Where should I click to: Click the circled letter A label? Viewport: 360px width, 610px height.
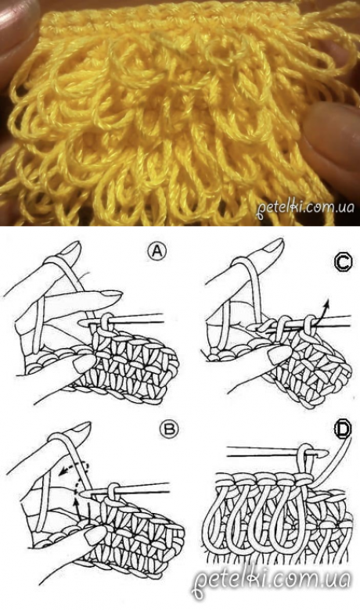(157, 252)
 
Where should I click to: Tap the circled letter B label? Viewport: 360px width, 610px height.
(169, 429)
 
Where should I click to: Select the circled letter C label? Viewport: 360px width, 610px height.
(344, 263)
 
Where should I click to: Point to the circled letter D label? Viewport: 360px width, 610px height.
(342, 429)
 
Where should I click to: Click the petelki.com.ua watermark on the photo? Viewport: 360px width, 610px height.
(305, 207)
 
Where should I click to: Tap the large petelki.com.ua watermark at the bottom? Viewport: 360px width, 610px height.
(272, 581)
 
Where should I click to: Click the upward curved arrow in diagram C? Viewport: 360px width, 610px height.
(322, 313)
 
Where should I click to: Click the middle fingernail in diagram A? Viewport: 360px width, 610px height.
(110, 295)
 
